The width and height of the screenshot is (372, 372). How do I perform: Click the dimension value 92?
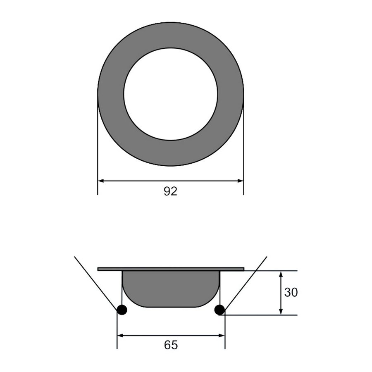[170, 191]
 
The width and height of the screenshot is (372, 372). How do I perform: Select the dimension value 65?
[171, 345]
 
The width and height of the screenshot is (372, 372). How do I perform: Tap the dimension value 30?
[291, 293]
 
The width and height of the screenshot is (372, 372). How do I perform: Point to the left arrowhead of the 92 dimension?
[101, 181]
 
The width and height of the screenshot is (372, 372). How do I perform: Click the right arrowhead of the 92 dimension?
[240, 181]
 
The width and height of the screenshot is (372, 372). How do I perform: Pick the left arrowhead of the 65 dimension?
[121, 336]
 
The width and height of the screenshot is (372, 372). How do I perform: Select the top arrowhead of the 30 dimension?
[281, 274]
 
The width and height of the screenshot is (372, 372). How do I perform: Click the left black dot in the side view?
[122, 310]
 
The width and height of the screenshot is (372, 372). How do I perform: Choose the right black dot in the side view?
[219, 310]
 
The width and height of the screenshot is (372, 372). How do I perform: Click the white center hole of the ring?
[171, 94]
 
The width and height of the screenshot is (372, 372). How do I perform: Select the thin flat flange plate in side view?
[171, 269]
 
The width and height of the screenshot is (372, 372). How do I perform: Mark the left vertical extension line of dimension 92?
[98, 165]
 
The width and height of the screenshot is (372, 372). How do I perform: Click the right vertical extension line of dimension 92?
[243, 165]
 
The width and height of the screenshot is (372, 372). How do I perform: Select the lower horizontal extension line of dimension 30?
[265, 315]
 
